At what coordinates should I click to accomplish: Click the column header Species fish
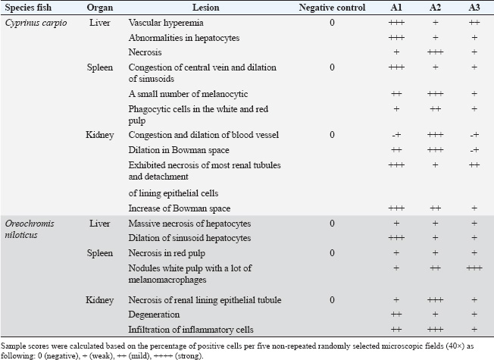(x=30, y=8)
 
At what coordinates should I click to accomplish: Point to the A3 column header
(x=474, y=8)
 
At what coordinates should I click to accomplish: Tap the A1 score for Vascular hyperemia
(x=396, y=23)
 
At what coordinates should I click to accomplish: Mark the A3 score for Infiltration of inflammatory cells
(x=474, y=328)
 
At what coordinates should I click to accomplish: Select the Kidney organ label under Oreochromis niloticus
(x=100, y=299)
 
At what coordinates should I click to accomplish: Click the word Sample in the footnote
(x=16, y=344)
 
